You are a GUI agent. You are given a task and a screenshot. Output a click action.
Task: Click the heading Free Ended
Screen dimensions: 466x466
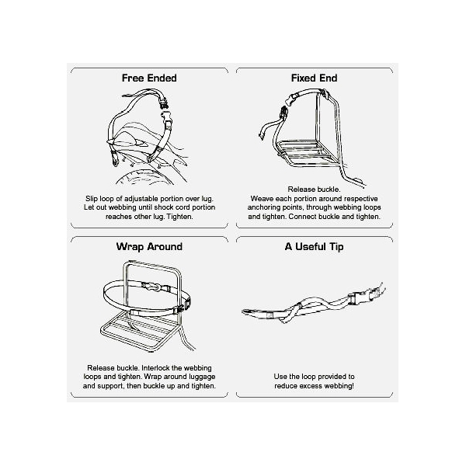click(x=149, y=78)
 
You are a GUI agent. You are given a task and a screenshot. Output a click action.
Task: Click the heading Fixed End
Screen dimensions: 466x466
click(x=314, y=78)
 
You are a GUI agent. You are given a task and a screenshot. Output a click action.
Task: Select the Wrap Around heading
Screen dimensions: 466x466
click(x=149, y=247)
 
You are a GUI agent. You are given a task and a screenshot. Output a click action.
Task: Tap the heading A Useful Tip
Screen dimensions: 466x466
click(x=314, y=247)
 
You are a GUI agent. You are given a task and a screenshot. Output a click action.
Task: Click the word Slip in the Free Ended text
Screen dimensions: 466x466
click(x=92, y=199)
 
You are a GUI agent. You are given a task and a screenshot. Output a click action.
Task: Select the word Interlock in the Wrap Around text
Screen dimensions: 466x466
click(x=156, y=368)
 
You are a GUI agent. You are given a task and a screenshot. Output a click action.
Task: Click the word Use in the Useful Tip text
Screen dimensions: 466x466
click(x=280, y=377)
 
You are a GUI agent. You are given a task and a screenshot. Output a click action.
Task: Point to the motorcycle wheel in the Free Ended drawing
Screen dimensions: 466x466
click(x=145, y=176)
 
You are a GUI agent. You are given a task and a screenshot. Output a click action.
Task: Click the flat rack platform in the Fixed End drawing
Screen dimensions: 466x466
click(x=310, y=154)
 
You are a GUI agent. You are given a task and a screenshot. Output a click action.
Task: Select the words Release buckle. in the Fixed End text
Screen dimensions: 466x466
click(x=314, y=190)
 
